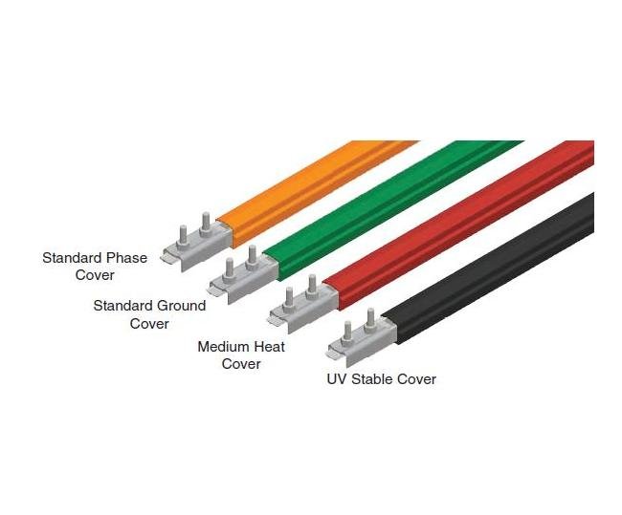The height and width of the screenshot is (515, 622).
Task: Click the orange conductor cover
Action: coord(316,187)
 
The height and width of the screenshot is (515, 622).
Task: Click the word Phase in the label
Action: coord(127,258)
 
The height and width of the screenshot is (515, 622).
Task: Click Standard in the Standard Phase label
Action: coord(74,258)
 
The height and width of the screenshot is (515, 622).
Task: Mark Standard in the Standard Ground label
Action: coord(123,306)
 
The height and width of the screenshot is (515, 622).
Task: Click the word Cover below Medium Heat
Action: coord(241,363)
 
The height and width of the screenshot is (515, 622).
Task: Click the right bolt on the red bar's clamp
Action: coord(311,285)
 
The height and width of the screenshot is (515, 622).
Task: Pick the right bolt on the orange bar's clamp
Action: coord(204,225)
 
